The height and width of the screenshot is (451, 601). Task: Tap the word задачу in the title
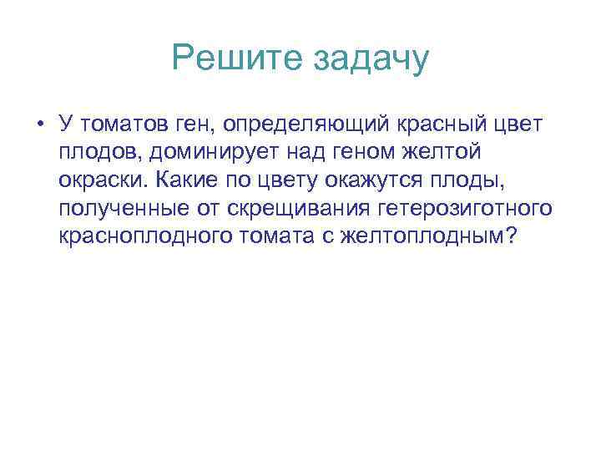370,59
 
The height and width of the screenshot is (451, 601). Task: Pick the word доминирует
216,152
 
